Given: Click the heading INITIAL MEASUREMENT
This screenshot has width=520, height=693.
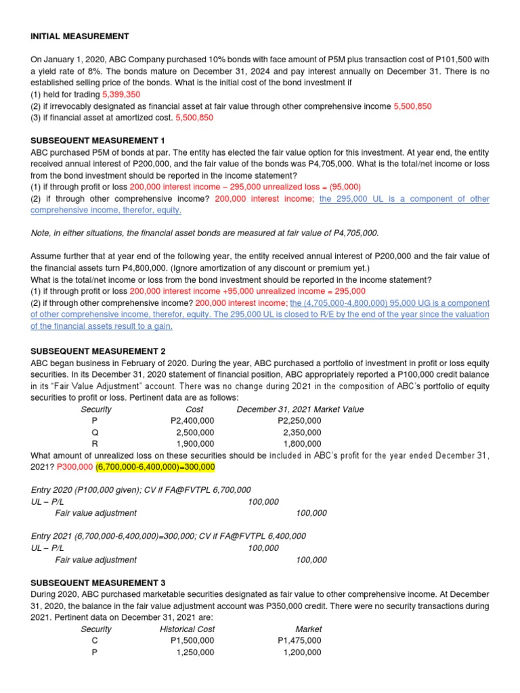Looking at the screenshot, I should [x=80, y=36].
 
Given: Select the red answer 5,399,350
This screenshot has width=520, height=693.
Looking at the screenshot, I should [x=121, y=95].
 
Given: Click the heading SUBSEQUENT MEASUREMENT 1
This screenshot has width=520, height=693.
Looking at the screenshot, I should [x=98, y=141].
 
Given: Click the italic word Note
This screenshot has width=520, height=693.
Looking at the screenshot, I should [x=41, y=233].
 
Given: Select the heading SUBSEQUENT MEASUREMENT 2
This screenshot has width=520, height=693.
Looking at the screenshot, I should [x=98, y=351].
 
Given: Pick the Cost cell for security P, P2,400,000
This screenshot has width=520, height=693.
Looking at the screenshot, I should [x=192, y=421].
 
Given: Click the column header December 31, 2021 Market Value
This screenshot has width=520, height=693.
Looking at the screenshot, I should [x=300, y=409].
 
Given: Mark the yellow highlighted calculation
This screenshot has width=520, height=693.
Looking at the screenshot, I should [x=155, y=467].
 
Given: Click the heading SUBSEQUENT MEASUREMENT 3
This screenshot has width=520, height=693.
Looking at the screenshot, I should [x=98, y=583].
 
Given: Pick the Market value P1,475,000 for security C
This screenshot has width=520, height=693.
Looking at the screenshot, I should [x=299, y=640].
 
